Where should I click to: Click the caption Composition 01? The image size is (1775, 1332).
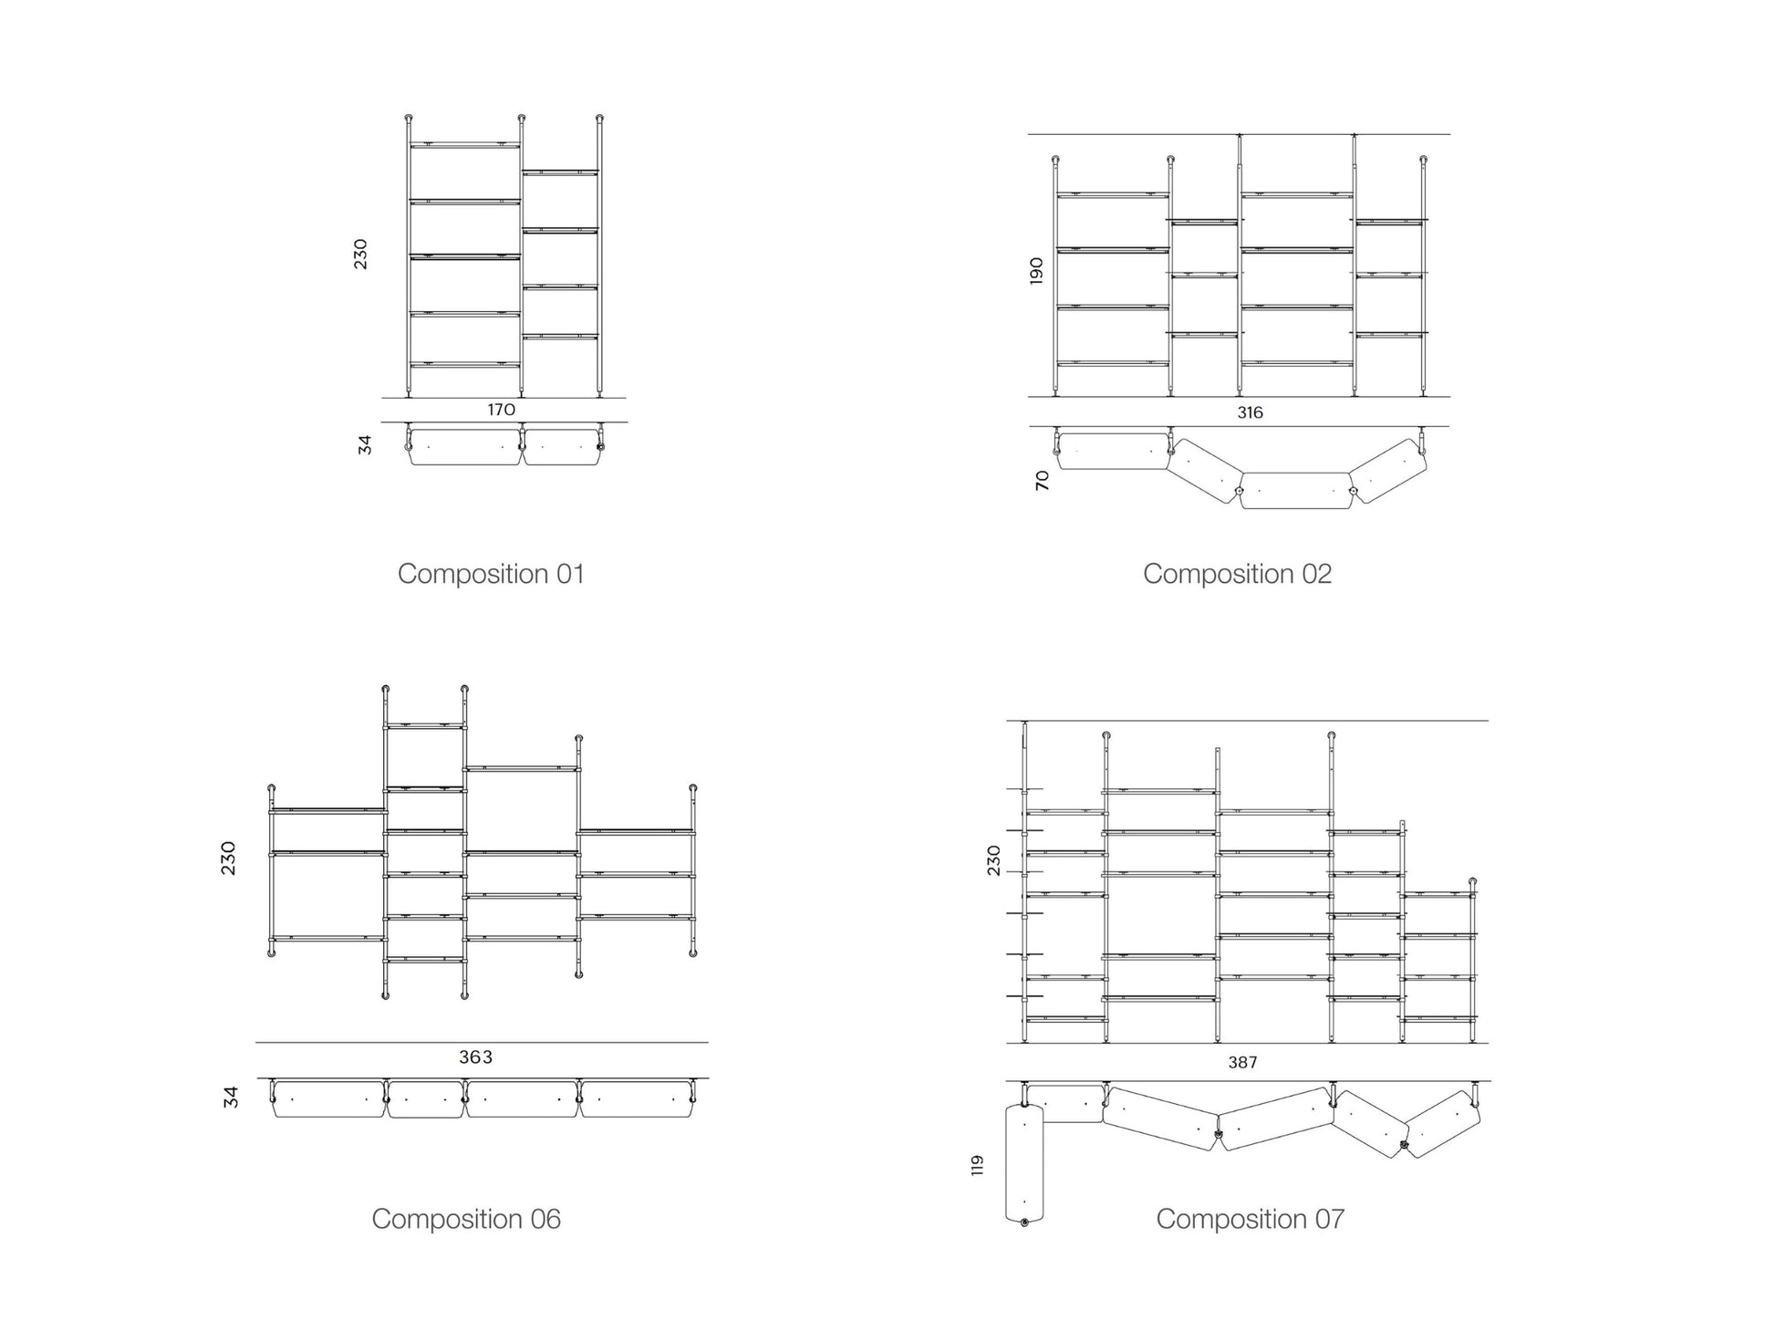click(491, 574)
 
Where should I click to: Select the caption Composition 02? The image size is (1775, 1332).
click(1237, 574)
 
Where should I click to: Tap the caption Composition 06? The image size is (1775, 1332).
click(466, 1219)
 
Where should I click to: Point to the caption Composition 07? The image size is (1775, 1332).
click(1250, 1219)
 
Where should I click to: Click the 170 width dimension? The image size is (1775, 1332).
click(501, 410)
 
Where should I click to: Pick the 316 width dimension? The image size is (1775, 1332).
click(1250, 412)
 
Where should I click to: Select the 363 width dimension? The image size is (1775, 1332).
click(475, 1056)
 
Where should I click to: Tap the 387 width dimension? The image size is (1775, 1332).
click(1242, 1062)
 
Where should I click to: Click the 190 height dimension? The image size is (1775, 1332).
click(1036, 270)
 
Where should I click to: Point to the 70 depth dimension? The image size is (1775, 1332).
click(1043, 481)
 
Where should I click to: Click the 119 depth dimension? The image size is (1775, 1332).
click(977, 1165)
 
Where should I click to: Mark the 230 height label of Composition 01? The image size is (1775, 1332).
click(361, 254)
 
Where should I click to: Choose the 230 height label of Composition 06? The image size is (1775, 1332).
click(228, 859)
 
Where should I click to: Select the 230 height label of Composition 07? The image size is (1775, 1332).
click(993, 860)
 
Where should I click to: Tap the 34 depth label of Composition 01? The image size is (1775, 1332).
click(365, 444)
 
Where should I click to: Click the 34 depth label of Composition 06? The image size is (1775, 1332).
click(231, 1097)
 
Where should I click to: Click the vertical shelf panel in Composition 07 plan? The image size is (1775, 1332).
click(1024, 1162)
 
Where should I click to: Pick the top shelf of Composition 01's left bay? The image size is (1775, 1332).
click(464, 145)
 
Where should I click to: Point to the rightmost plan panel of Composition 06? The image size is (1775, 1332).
click(637, 1099)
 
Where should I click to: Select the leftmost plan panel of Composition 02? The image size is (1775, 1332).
click(1113, 451)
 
